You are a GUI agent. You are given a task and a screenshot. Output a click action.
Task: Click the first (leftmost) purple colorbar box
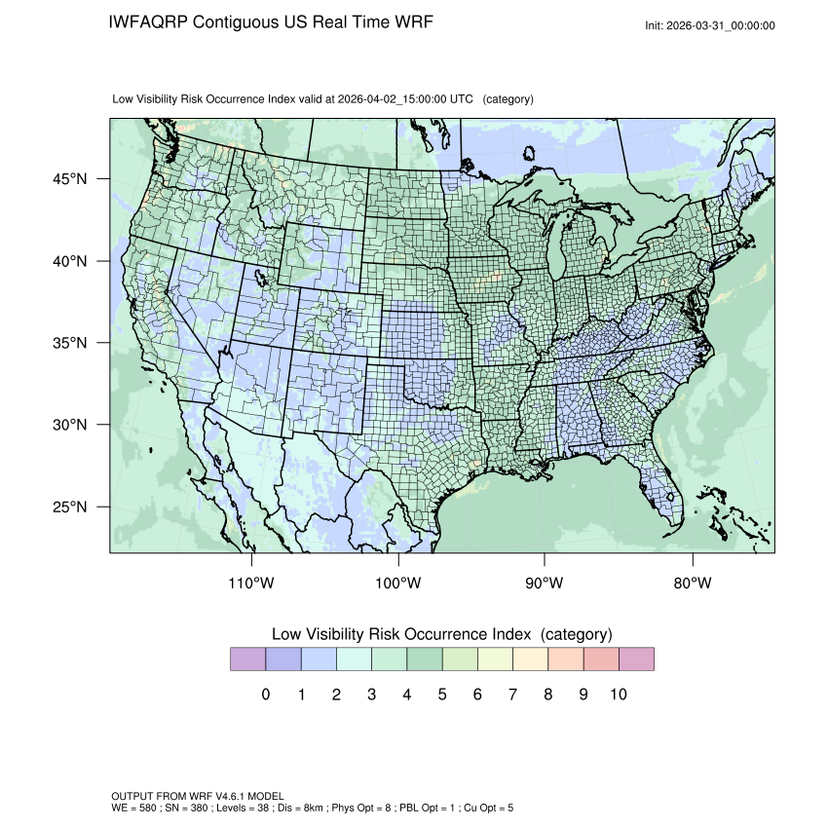click(247, 659)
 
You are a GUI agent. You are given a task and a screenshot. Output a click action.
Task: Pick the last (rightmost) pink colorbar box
click(636, 659)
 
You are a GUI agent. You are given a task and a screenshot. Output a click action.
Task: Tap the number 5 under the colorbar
click(442, 695)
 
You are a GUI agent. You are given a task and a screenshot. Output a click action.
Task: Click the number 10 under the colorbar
click(618, 695)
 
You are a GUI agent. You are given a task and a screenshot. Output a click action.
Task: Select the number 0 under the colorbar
click(265, 695)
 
